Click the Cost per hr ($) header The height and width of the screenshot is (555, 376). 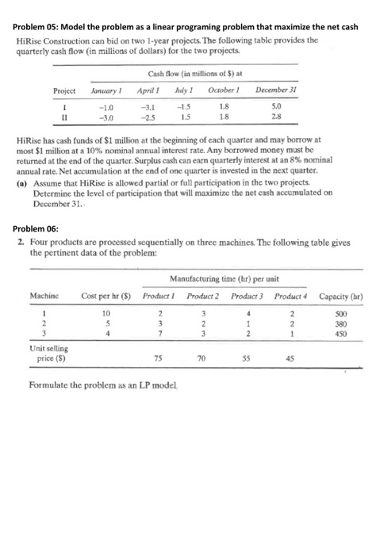tap(104, 296)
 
